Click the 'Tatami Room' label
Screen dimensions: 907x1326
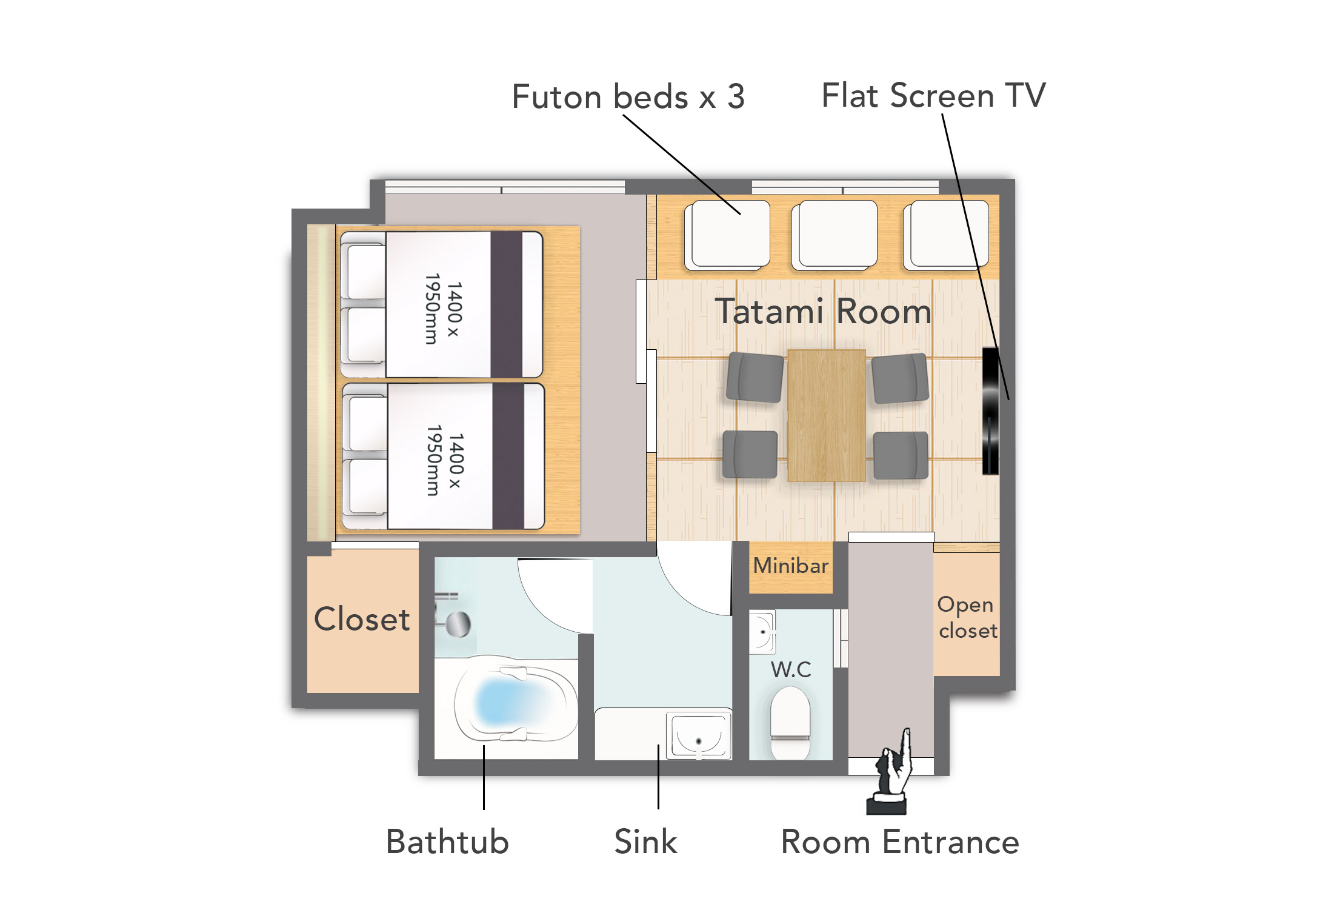pos(823,312)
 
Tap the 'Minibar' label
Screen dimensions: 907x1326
pos(790,566)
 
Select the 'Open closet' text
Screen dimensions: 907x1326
pos(967,617)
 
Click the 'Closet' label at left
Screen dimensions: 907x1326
pos(362,619)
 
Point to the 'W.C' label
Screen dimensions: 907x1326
pos(791,669)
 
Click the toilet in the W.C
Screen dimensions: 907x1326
pos(790,721)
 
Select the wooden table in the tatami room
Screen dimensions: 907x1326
pos(826,415)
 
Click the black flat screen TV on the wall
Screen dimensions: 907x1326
pos(990,411)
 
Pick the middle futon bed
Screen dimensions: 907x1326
pos(835,235)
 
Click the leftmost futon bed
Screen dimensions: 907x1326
pos(727,235)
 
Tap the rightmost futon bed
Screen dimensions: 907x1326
pos(946,235)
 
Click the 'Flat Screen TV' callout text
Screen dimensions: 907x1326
pos(933,96)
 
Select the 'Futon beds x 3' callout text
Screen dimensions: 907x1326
pos(628,97)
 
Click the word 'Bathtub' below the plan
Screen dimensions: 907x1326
pos(447,842)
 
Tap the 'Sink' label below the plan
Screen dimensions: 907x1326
pos(645,842)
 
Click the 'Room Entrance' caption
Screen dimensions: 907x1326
pos(900,842)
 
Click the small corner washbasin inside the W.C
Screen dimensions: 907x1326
pos(762,632)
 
